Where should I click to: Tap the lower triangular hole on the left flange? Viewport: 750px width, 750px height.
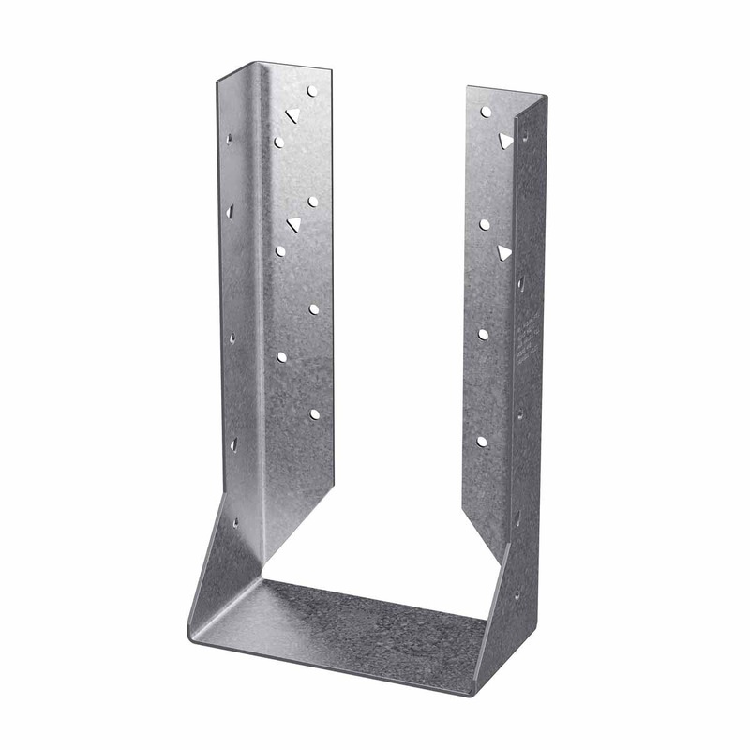click(x=293, y=224)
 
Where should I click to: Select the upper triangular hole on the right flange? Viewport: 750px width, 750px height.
click(x=505, y=141)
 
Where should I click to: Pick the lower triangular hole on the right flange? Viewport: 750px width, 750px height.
click(x=504, y=252)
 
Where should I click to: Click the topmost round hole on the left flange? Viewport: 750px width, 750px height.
click(x=312, y=92)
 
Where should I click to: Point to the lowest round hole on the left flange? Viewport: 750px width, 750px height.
click(x=314, y=413)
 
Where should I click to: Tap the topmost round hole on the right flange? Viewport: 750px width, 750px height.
click(x=486, y=112)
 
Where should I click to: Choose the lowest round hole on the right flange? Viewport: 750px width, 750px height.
click(x=482, y=441)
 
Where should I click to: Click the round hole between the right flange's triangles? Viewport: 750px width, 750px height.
click(x=485, y=224)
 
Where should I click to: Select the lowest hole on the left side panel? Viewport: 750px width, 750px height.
click(x=234, y=522)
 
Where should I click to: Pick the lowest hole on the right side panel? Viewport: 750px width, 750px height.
click(x=516, y=592)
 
